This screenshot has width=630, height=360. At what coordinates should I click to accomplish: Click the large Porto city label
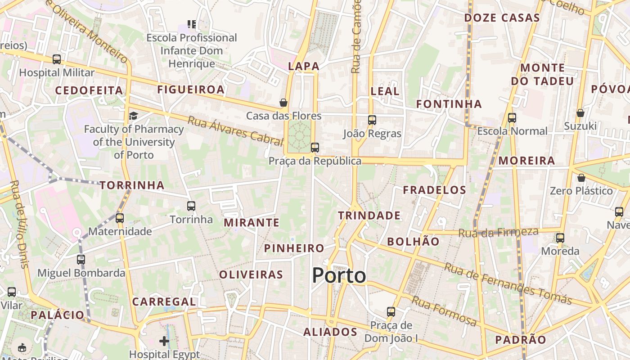(339, 275)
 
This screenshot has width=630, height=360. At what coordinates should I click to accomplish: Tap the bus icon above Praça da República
(315, 148)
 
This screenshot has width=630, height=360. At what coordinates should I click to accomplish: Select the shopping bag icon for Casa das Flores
(283, 103)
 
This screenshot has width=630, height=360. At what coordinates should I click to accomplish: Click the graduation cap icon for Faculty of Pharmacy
(133, 116)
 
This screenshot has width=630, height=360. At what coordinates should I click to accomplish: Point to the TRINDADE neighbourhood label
(369, 216)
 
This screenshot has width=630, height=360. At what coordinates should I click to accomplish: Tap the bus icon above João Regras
(372, 120)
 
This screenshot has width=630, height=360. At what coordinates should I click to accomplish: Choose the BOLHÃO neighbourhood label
(413, 241)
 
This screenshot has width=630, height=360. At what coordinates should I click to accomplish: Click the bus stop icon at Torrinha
(191, 206)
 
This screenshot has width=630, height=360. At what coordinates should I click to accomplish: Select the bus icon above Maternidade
(119, 218)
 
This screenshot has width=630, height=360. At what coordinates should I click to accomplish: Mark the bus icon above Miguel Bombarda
(81, 260)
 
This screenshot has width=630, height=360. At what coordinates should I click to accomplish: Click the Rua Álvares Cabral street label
(235, 131)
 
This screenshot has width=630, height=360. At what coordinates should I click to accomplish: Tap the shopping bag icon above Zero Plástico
(581, 178)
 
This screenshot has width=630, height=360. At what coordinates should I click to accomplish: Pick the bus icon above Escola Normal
(512, 118)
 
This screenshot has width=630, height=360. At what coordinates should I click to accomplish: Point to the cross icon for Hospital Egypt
(164, 341)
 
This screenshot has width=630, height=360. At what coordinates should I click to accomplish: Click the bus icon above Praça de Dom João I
(391, 312)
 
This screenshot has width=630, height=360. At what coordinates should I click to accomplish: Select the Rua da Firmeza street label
(498, 233)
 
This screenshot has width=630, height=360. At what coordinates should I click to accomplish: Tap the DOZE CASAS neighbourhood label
(502, 18)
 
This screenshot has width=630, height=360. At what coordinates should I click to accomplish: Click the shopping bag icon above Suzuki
(580, 112)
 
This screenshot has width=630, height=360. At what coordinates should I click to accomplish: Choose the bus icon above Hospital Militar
(57, 59)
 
